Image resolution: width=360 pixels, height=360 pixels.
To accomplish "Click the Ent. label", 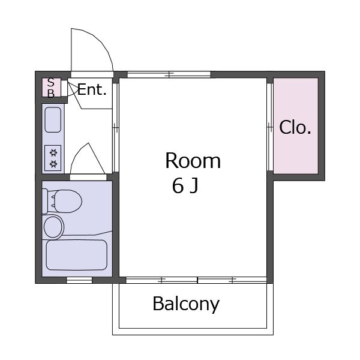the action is coord(92,89).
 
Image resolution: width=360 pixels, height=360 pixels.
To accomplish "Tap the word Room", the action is coord(193,161).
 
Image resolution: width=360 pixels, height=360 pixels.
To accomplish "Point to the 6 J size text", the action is coord(185,186).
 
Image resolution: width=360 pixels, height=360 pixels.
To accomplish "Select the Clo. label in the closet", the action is coord(295,127).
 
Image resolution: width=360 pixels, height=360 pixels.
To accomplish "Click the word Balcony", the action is coord(186,304).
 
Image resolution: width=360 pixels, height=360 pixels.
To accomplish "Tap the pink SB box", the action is coord(52,88).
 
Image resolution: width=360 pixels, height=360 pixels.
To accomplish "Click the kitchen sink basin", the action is coord(53,119).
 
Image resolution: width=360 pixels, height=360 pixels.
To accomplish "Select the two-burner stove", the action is coord(53,158).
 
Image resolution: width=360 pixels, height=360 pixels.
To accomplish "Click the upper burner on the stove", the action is coord(53,152).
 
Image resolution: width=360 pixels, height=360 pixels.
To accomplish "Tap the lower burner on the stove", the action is coord(53,164).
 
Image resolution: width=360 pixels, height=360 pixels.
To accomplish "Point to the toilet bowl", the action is coord(65,201).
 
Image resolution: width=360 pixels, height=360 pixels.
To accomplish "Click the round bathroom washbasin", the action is coord(53,227).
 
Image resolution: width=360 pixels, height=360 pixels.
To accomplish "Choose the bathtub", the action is coord(77,255).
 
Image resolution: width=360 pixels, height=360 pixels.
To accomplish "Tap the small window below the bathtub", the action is coord(79,280).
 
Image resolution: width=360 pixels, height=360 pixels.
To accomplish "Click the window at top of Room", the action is coord(169,74).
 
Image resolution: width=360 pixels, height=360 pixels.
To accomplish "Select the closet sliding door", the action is coord(270,127).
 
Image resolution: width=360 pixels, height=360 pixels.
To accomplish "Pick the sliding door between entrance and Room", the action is coord(116,127).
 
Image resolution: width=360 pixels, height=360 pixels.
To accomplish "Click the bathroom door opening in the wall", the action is coord(88,177).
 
